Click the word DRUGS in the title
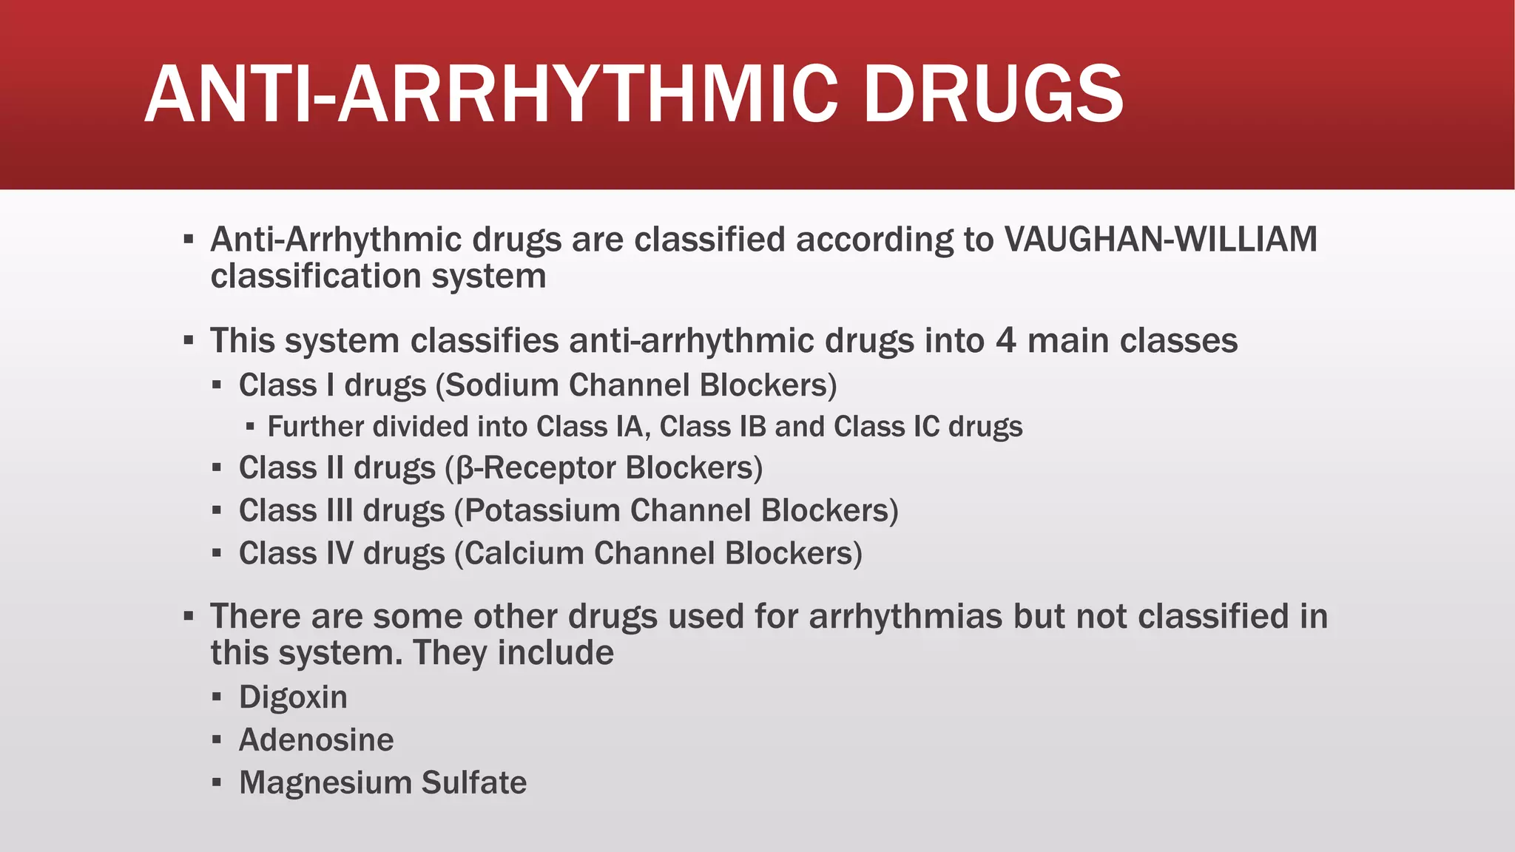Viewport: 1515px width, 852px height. tap(993, 95)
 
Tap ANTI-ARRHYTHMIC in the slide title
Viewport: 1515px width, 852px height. tap(491, 95)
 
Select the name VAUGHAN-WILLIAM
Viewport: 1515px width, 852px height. tap(1161, 240)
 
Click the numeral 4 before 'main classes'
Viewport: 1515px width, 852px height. tap(1006, 341)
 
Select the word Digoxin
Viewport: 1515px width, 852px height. tap(293, 697)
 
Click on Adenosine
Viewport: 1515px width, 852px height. tap(316, 740)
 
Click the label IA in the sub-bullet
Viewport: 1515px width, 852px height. tap(630, 427)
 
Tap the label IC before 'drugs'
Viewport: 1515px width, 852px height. tap(925, 427)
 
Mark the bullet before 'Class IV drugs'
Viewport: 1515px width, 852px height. tap(217, 553)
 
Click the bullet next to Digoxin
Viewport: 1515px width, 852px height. tap(217, 697)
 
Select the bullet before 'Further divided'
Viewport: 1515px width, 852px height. tap(250, 427)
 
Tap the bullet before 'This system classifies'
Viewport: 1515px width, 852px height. tap(189, 341)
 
